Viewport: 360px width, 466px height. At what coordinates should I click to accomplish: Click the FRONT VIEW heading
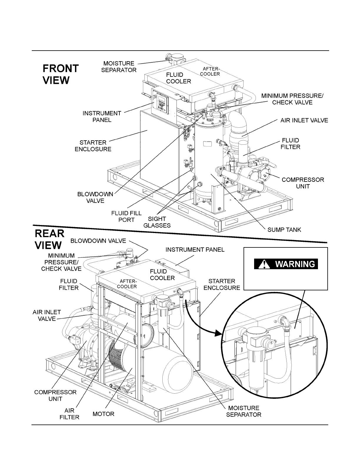pos(61,74)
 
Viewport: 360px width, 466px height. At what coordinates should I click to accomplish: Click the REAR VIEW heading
pos(49,239)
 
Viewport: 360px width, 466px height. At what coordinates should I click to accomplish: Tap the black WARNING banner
pos(286,264)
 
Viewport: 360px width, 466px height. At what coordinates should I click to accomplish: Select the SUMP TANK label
pos(284,229)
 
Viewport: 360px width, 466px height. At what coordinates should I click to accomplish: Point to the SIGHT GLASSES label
pos(157,222)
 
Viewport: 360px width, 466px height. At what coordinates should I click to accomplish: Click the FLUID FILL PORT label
pos(126,216)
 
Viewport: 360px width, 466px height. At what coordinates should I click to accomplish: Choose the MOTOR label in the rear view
pos(103,414)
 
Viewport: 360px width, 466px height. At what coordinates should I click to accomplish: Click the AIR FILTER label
pos(69,414)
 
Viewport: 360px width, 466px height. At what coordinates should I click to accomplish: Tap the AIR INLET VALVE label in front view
pos(304,120)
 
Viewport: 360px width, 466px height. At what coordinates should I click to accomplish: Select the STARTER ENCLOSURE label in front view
pos(93,146)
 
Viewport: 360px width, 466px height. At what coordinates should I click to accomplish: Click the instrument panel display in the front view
pos(160,103)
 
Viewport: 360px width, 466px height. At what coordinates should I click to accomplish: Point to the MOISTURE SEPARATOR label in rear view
pos(244,411)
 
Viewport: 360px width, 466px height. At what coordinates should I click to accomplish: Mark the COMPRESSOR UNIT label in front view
pos(303,183)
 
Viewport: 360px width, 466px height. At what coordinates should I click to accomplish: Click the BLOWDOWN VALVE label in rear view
pos(98,241)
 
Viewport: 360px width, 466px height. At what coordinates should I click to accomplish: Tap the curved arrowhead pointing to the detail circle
pos(218,333)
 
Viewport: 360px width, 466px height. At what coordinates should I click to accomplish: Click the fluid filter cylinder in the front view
pos(243,151)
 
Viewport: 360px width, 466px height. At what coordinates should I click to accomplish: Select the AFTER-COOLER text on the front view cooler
pos(210,71)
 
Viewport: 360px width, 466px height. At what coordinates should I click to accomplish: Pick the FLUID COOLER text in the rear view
pos(162,274)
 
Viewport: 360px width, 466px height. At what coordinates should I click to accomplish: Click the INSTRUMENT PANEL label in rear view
pos(195,249)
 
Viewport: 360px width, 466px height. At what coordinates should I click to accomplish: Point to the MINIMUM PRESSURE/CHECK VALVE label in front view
pos(292,99)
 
